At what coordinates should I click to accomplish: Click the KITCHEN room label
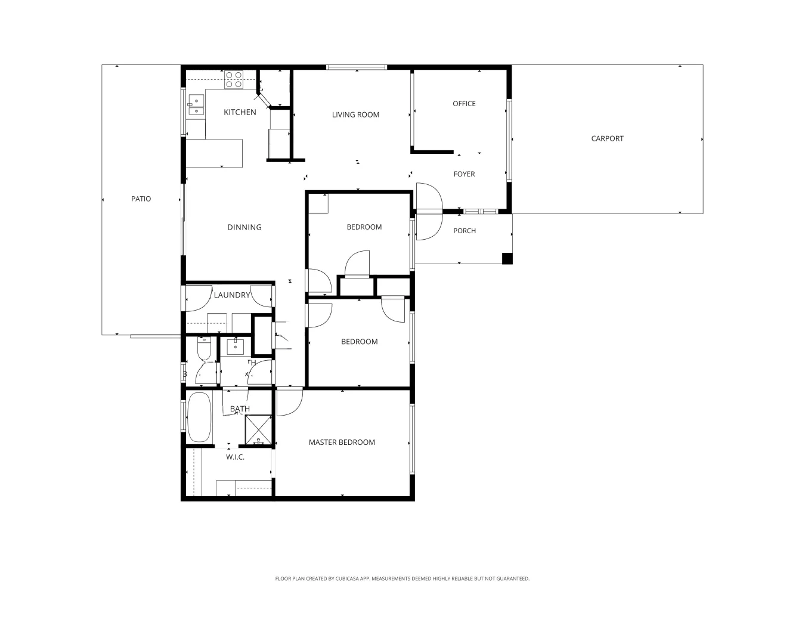(x=240, y=112)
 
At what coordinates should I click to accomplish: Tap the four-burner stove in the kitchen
(x=234, y=80)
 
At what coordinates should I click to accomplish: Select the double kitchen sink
(x=196, y=105)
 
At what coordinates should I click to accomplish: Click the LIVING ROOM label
(x=355, y=114)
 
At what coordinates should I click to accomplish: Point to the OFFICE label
(x=464, y=104)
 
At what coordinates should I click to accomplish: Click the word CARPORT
(x=607, y=138)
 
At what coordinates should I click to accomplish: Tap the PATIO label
(x=141, y=199)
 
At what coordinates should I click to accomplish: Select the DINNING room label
(x=244, y=227)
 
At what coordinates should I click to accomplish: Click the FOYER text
(x=464, y=174)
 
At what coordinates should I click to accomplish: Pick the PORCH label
(x=465, y=231)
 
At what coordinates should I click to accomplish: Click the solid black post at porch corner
(x=507, y=258)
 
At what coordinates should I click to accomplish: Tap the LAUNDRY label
(x=232, y=295)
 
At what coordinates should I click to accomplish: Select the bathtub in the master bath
(x=199, y=417)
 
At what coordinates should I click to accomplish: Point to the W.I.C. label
(x=235, y=457)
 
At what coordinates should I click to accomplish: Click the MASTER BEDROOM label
(x=342, y=442)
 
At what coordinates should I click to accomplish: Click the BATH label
(x=240, y=409)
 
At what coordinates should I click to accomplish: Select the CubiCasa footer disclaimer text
(x=402, y=578)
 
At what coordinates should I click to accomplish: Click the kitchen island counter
(x=214, y=153)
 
